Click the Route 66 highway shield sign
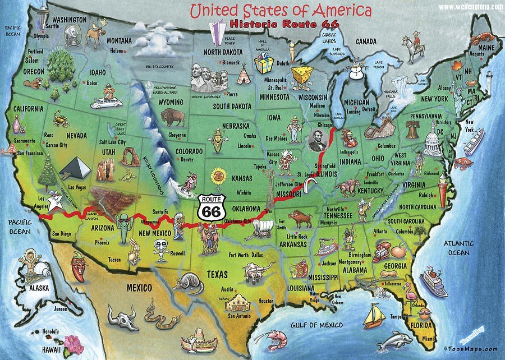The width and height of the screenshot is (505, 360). [x=211, y=207]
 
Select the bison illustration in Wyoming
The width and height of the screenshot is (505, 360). [x=172, y=118]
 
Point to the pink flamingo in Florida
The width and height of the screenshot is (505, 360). [x=409, y=293]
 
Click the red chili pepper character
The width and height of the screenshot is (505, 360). [x=80, y=266]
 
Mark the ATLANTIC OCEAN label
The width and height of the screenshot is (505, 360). [x=460, y=248]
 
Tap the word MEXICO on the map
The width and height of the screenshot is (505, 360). [x=139, y=288]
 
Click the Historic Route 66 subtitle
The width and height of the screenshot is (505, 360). [x=273, y=25]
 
